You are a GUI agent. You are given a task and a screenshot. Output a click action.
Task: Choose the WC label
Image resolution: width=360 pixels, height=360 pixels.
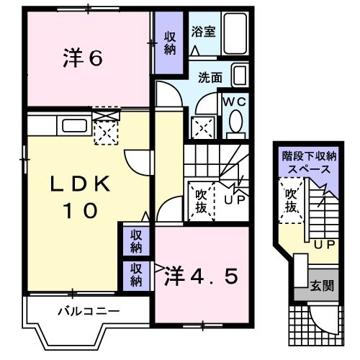coord(235,102)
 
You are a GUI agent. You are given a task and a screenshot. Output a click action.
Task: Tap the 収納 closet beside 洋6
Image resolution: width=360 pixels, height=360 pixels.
coord(170,44)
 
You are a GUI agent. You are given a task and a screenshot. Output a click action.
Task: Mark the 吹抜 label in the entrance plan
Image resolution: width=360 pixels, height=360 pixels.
coord(291,199)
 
